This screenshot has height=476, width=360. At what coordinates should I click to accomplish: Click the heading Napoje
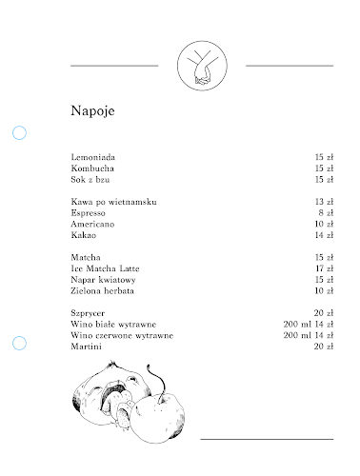93,110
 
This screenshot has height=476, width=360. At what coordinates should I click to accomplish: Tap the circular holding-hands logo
202,65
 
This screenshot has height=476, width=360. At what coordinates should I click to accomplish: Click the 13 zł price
324,203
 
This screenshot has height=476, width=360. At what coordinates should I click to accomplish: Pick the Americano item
92,225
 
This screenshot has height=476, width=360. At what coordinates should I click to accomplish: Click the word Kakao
84,235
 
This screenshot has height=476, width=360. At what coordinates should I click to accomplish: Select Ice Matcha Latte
105,269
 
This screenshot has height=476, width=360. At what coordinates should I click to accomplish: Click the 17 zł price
324,269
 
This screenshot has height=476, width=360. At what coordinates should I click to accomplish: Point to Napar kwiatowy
104,280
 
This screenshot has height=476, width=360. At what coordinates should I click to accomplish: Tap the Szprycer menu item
89,314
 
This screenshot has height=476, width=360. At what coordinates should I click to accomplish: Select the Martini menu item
86,347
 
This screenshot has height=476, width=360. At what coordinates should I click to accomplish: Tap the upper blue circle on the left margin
19,132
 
